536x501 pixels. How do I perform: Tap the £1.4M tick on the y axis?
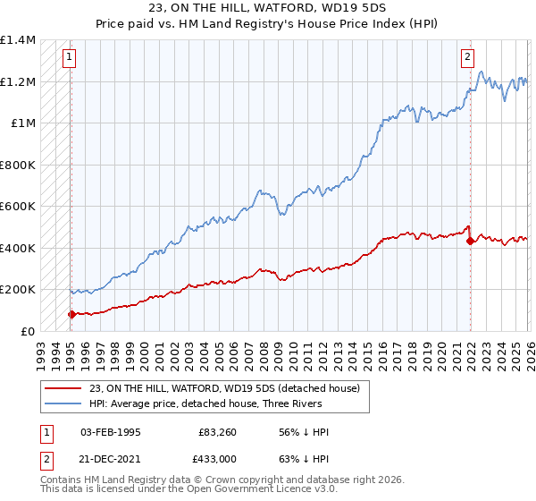(x=18, y=40)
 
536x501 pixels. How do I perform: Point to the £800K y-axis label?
(x=18, y=165)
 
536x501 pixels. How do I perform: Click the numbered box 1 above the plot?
(x=69, y=57)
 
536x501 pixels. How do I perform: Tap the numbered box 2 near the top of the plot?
(x=467, y=57)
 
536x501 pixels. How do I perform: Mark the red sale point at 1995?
(x=71, y=314)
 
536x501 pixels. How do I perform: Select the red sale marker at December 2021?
(x=470, y=242)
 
